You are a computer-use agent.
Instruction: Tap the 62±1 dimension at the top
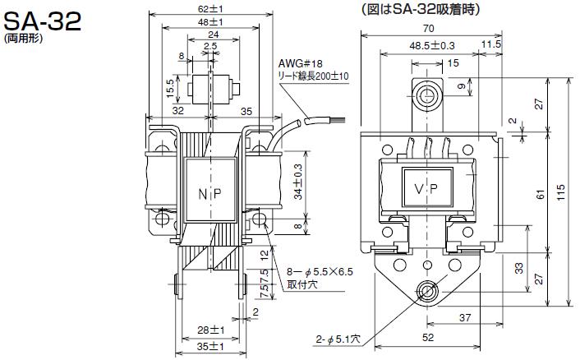(x=210, y=8)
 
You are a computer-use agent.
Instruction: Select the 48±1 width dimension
(x=210, y=22)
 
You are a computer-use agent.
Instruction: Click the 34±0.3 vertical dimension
(x=298, y=182)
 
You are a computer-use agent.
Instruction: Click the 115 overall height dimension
(x=561, y=193)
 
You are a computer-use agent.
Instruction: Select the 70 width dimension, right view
(x=428, y=29)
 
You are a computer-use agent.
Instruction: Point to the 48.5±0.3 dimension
(x=432, y=46)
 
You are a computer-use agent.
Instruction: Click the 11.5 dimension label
(x=490, y=44)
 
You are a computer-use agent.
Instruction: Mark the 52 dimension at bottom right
(x=428, y=338)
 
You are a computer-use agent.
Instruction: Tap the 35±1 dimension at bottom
(x=210, y=347)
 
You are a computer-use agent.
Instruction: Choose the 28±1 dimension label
(x=210, y=330)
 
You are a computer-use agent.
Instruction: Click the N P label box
(x=210, y=190)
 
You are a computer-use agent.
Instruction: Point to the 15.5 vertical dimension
(x=171, y=89)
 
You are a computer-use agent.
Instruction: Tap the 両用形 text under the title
(x=23, y=39)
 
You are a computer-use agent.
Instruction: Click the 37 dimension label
(x=465, y=317)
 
